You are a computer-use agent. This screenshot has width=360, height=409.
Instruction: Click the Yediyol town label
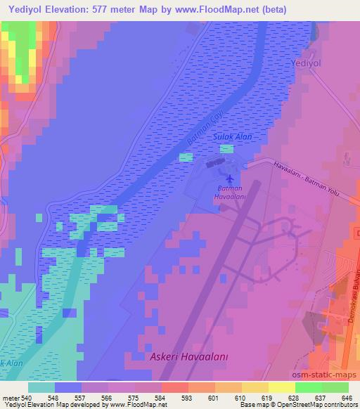(x=306, y=63)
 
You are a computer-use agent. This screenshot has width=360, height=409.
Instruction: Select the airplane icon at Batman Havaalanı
(x=229, y=177)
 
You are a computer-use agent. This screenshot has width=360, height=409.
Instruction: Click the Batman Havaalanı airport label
(x=230, y=193)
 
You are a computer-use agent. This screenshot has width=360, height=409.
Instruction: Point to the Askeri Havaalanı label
(x=189, y=358)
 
